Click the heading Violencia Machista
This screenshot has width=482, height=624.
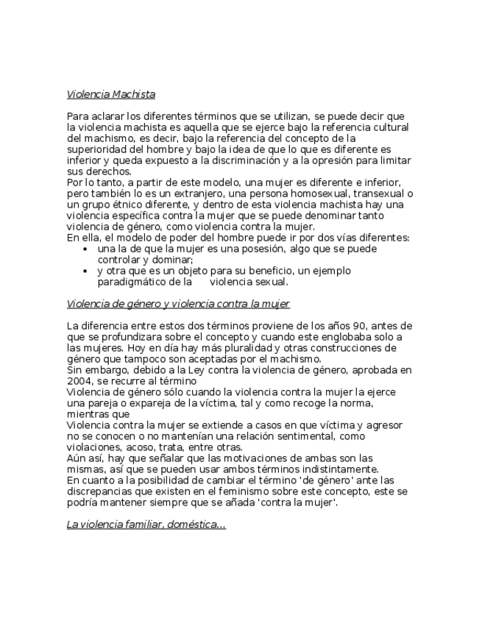[x=110, y=94]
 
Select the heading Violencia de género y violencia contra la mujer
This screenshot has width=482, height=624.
[x=178, y=304]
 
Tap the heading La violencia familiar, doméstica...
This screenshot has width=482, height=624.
[x=146, y=525]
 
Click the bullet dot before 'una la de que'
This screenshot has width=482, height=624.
[x=87, y=249]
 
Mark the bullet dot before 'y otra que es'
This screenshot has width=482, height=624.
[x=87, y=272]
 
